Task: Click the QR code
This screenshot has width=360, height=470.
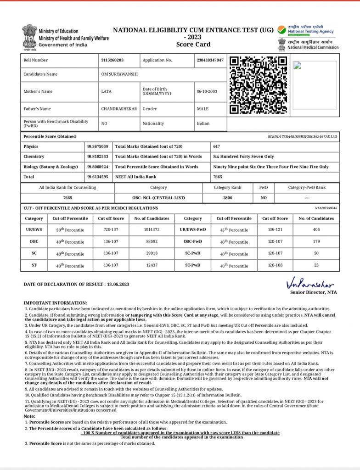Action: tap(259, 85)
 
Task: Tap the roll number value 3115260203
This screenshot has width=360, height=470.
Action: tap(112, 60)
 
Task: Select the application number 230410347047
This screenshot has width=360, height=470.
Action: tap(210, 60)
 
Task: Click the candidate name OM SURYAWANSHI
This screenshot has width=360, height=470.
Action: tap(119, 74)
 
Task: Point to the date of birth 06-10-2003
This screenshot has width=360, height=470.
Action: tap(207, 91)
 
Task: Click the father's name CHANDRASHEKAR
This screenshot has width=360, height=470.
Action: tap(119, 109)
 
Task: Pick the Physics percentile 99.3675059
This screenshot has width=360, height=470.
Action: tap(98, 146)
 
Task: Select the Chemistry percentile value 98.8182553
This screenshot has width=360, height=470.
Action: tap(98, 157)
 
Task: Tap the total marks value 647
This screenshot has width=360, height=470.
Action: tap(217, 146)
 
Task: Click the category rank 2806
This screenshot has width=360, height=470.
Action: tap(228, 198)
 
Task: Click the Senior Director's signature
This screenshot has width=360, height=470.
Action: tap(310, 281)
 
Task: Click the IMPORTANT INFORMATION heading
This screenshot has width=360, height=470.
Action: tap(55, 303)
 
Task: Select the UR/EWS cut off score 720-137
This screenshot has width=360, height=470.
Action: tap(111, 229)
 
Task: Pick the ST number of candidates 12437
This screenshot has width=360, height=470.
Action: tap(151, 265)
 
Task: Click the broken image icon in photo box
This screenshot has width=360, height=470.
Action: tap(297, 65)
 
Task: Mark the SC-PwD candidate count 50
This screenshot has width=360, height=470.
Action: tap(316, 253)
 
